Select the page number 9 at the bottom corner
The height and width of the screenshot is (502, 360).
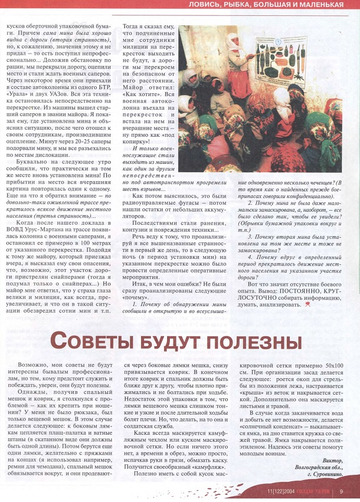coord(342,492)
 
